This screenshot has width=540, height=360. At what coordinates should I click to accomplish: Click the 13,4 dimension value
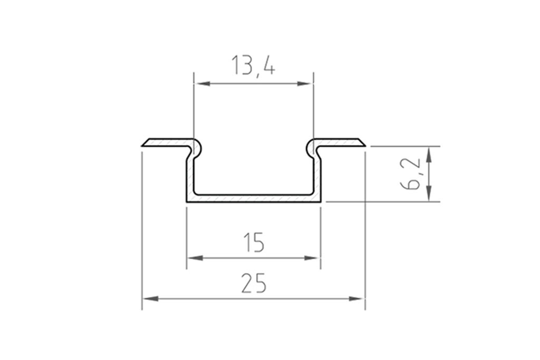click(x=253, y=66)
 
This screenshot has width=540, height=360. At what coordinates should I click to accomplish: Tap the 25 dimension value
click(x=254, y=284)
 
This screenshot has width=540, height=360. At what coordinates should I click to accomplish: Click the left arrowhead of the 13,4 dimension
click(x=200, y=83)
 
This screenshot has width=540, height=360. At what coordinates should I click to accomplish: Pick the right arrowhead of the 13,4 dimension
click(x=307, y=83)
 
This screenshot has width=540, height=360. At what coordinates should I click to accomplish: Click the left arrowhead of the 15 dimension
click(x=194, y=258)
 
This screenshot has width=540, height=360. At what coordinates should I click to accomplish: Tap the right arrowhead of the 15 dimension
click(x=314, y=258)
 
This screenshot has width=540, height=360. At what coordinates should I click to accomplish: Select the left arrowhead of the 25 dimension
click(x=149, y=299)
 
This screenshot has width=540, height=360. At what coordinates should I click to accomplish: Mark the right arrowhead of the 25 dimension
click(x=358, y=299)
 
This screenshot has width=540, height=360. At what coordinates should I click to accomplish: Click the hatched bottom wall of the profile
click(x=254, y=198)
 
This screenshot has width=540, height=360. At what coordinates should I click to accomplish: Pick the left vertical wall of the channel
click(x=190, y=177)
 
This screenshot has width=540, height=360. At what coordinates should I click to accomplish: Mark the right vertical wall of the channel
click(x=318, y=177)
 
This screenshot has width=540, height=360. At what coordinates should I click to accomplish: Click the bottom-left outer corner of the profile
click(x=187, y=201)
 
